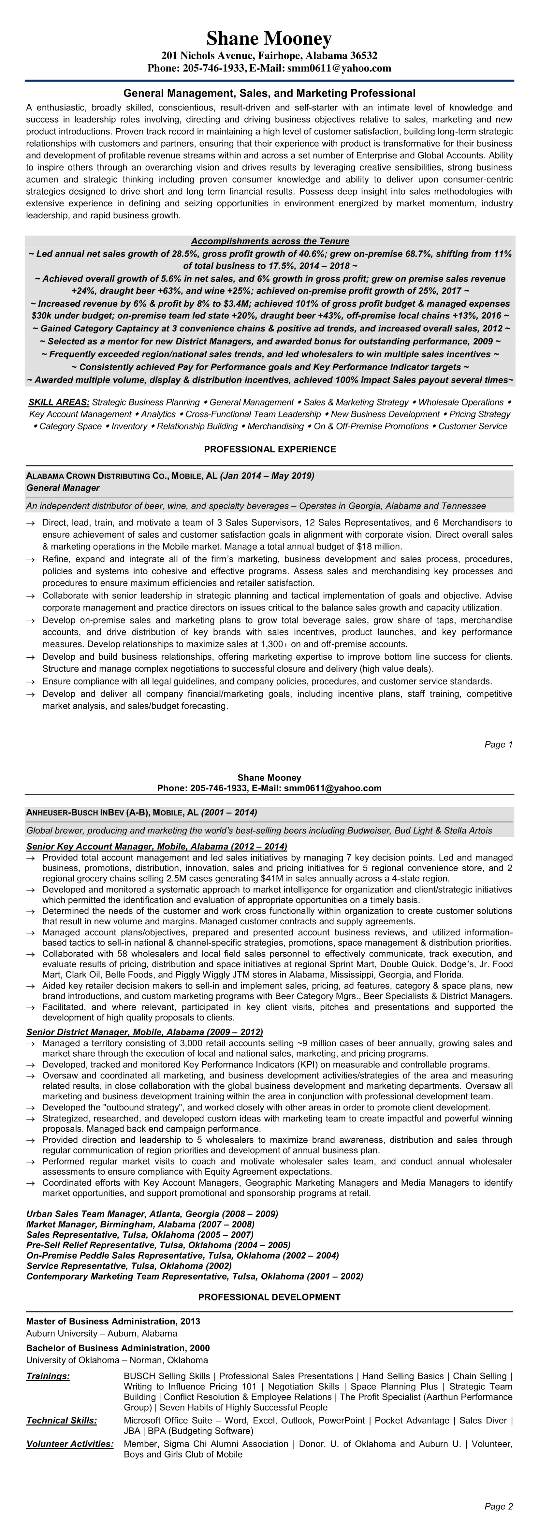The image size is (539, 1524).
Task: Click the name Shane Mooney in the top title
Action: coord(269,39)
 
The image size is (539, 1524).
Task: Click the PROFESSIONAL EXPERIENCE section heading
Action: coord(270,449)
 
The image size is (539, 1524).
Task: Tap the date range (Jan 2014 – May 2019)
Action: coord(268,476)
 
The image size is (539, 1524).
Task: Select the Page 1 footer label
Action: coord(498,744)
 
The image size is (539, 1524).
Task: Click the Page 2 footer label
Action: coord(498,1506)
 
